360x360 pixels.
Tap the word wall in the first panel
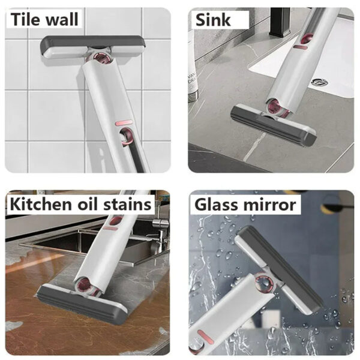coord(61,19)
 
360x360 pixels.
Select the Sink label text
coord(212,20)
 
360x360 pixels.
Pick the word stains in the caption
coord(131,205)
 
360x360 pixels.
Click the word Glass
coord(218,205)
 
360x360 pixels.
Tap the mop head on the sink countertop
coord(274,125)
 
